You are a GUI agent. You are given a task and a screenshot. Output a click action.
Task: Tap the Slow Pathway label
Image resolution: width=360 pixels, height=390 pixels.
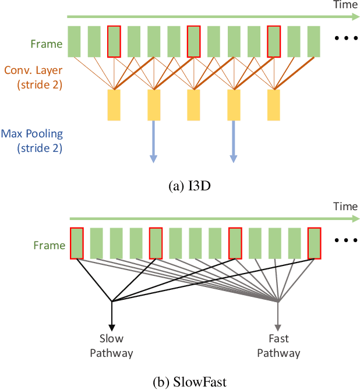tap(111, 346)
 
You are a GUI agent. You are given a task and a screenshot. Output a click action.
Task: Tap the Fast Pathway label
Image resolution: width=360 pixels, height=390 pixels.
tap(278, 346)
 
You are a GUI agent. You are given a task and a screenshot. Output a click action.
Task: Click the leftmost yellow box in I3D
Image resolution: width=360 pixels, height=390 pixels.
tap(114, 104)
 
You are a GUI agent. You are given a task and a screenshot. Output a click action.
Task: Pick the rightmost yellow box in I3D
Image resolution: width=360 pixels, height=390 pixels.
tap(274, 104)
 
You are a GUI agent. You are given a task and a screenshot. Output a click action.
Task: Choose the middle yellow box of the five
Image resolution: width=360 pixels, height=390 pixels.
tap(193, 104)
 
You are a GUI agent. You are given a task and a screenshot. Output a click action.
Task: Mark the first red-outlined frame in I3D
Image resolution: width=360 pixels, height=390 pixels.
tap(114, 41)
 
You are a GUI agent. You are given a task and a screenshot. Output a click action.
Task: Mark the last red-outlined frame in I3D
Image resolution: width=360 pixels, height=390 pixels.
tap(274, 41)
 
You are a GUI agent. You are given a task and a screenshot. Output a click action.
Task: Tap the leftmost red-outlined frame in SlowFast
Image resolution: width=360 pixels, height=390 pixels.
tap(77, 243)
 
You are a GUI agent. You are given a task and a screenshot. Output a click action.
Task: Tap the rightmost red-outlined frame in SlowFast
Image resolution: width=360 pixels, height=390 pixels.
tap(315, 243)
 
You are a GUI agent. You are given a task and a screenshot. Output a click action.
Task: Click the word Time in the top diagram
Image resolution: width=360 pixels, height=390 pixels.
tap(345, 5)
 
